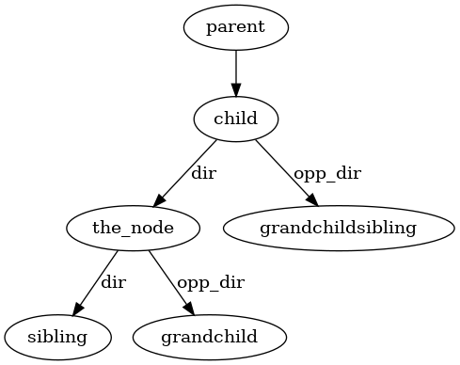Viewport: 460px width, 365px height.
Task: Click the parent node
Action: point(235,26)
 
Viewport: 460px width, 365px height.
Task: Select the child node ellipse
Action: point(235,119)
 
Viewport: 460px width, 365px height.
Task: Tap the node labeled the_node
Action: point(134,227)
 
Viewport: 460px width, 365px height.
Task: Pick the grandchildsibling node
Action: point(338,227)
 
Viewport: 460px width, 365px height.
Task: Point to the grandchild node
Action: point(208,336)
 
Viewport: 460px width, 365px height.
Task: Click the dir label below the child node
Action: point(203,174)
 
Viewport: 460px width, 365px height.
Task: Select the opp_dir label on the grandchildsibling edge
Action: point(326,174)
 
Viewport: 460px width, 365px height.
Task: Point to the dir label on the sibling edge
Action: point(113,282)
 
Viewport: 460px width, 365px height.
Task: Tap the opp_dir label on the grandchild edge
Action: point(211,282)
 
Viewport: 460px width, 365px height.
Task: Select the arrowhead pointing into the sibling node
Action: point(77,309)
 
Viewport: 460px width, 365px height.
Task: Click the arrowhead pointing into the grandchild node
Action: point(188,309)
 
